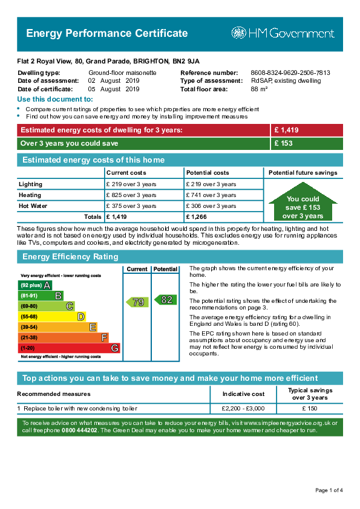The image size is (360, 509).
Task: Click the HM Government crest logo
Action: (239, 33)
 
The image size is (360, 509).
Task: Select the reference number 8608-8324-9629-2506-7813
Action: (290, 73)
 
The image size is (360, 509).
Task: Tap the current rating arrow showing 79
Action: (137, 302)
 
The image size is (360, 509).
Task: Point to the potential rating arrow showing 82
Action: (165, 300)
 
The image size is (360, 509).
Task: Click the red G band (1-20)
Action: (69, 348)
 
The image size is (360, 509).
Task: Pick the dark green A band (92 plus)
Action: (34, 285)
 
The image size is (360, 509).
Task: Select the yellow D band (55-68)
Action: (51, 317)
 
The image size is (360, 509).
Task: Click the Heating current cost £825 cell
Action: (131, 195)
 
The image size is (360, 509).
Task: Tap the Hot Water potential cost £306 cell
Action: (211, 206)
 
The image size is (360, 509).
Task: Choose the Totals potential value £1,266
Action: (196, 217)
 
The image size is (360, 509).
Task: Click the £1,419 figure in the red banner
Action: (286, 130)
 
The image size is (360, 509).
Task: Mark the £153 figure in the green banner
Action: (283, 143)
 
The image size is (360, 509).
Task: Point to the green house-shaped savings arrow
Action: (303, 201)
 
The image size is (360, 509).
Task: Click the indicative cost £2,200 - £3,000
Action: (243, 409)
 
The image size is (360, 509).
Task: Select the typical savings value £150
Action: (310, 409)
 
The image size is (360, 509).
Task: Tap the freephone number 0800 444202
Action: (79, 430)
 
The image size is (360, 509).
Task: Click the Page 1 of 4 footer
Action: (329, 490)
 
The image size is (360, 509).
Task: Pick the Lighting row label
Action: (30, 184)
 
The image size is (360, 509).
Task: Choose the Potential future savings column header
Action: (303, 173)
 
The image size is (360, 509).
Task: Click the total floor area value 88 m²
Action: (259, 89)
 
